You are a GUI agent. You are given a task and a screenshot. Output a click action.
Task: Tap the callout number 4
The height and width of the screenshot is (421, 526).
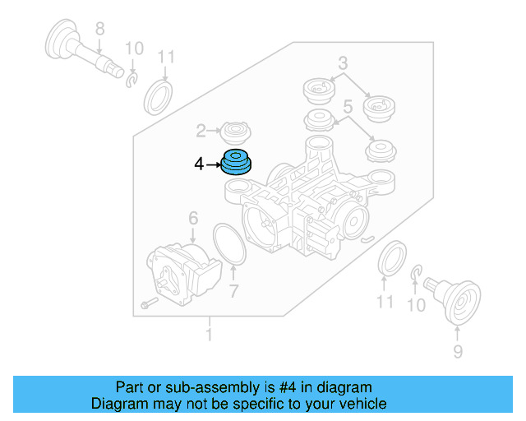[199, 164]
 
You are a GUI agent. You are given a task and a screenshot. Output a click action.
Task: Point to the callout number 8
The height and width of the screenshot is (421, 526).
[99, 30]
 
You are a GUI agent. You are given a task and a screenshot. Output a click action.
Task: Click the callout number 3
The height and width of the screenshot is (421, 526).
[343, 62]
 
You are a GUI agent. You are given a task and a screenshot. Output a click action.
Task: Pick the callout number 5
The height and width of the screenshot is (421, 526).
[348, 106]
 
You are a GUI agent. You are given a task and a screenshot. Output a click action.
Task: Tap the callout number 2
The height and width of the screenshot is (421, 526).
[201, 130]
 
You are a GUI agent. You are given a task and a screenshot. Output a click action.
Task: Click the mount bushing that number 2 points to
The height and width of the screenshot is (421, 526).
[236, 131]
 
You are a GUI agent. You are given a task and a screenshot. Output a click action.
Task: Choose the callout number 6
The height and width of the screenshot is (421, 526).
[193, 218]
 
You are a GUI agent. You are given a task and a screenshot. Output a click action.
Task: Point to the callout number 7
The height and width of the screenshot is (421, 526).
[233, 290]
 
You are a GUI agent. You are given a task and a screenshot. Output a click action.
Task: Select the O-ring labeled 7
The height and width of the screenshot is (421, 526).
[228, 243]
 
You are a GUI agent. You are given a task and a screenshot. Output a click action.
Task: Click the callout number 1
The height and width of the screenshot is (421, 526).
[210, 335]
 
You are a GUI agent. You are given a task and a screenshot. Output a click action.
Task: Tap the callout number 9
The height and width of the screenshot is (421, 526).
[458, 352]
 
